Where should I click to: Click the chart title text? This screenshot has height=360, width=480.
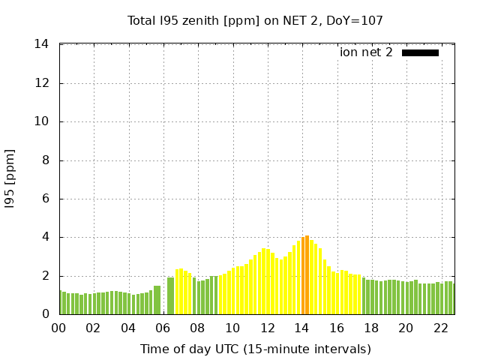(x=255, y=20)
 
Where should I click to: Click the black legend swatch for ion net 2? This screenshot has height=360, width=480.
(x=420, y=52)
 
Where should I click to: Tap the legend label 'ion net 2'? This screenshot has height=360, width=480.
(x=366, y=52)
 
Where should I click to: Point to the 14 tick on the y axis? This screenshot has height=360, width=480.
(x=42, y=44)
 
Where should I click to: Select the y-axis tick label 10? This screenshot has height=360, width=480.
(x=42, y=121)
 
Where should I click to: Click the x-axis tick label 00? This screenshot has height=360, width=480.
(x=59, y=328)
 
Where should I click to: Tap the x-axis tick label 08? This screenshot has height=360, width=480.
(x=198, y=328)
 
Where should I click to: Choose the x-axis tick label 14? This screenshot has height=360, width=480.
(x=302, y=328)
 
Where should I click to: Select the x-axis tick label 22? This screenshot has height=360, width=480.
(x=441, y=328)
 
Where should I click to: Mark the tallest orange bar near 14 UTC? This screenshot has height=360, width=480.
(x=307, y=275)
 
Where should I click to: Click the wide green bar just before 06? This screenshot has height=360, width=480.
(x=157, y=300)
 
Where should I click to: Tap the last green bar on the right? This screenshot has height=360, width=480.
(x=450, y=298)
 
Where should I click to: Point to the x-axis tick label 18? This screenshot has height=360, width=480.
(x=371, y=328)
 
